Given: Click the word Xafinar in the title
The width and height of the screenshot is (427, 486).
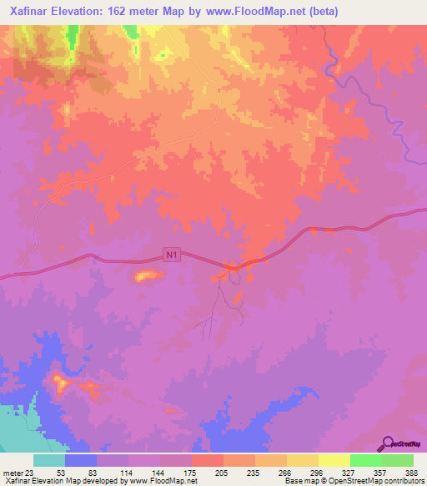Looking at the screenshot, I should pyautogui.click(x=32, y=13).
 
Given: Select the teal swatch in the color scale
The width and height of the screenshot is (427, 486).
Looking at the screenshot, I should pyautogui.click(x=49, y=461).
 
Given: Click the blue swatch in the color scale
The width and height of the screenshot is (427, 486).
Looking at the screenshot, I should pyautogui.click(x=81, y=461).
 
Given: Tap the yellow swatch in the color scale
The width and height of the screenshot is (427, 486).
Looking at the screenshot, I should pyautogui.click(x=334, y=461).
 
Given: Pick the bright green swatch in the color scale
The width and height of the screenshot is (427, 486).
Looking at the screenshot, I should pyautogui.click(x=366, y=461).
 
